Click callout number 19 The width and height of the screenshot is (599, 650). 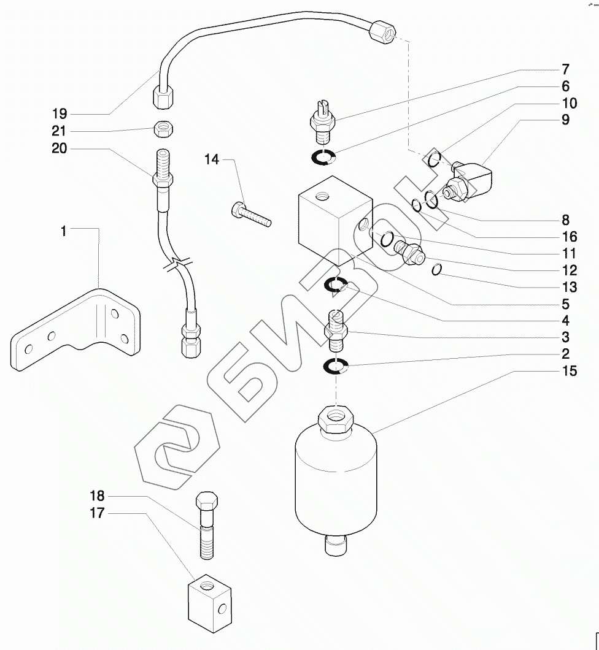click(x=60, y=113)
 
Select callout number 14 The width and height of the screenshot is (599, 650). click(x=212, y=159)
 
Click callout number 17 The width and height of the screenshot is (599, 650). click(x=98, y=513)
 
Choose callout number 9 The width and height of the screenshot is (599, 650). click(x=565, y=120)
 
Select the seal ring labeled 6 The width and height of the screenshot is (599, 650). click(x=322, y=158)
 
